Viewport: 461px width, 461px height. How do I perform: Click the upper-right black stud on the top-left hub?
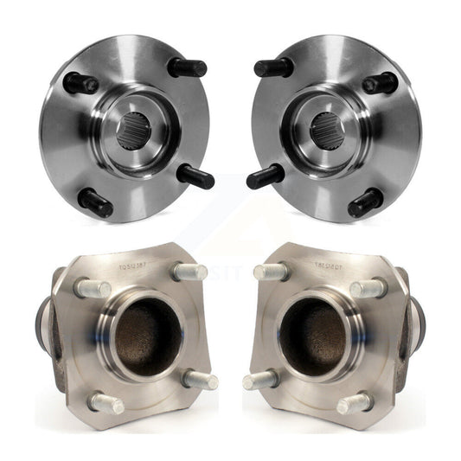[x=188, y=67]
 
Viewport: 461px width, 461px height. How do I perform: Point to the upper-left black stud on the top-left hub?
[x=80, y=84]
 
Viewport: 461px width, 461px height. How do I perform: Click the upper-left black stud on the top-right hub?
[x=273, y=67]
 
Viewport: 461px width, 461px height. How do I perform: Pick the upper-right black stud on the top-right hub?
[x=381, y=84]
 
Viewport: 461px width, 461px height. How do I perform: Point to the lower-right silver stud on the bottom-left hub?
[x=200, y=380]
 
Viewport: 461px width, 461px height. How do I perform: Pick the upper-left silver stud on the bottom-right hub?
[x=269, y=271]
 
